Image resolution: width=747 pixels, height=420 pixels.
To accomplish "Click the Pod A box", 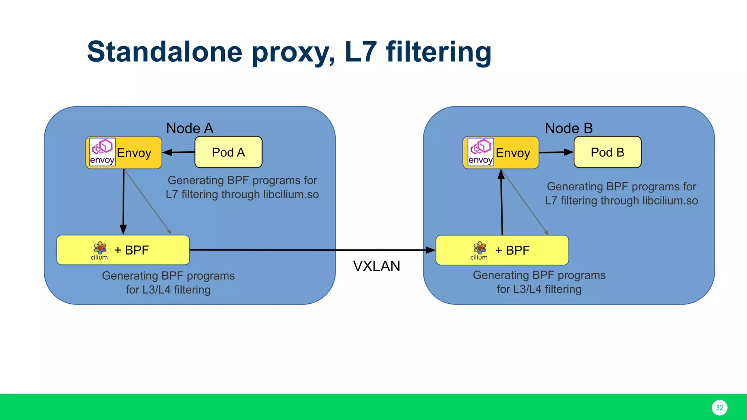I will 228,152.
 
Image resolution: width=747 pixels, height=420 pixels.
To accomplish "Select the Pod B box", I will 607,152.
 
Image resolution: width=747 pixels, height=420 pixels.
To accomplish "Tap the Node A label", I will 189,128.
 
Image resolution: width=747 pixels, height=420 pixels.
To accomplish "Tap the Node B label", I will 568,128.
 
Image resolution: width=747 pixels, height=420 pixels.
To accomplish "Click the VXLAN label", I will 376,266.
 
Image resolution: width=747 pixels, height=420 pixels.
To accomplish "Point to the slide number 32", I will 719,408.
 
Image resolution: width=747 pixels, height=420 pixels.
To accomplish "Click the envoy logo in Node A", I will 102,152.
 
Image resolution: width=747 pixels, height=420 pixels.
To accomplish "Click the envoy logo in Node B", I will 481,152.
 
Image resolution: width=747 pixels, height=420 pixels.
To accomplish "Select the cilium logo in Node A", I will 100,250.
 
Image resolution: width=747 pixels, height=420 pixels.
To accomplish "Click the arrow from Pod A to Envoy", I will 179,152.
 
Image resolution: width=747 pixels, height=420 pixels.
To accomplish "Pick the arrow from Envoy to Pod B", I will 556,152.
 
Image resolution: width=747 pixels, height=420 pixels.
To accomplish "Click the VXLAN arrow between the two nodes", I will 310,250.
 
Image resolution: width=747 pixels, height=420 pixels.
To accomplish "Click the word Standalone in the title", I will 165,52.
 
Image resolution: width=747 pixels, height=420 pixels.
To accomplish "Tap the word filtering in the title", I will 438,52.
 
